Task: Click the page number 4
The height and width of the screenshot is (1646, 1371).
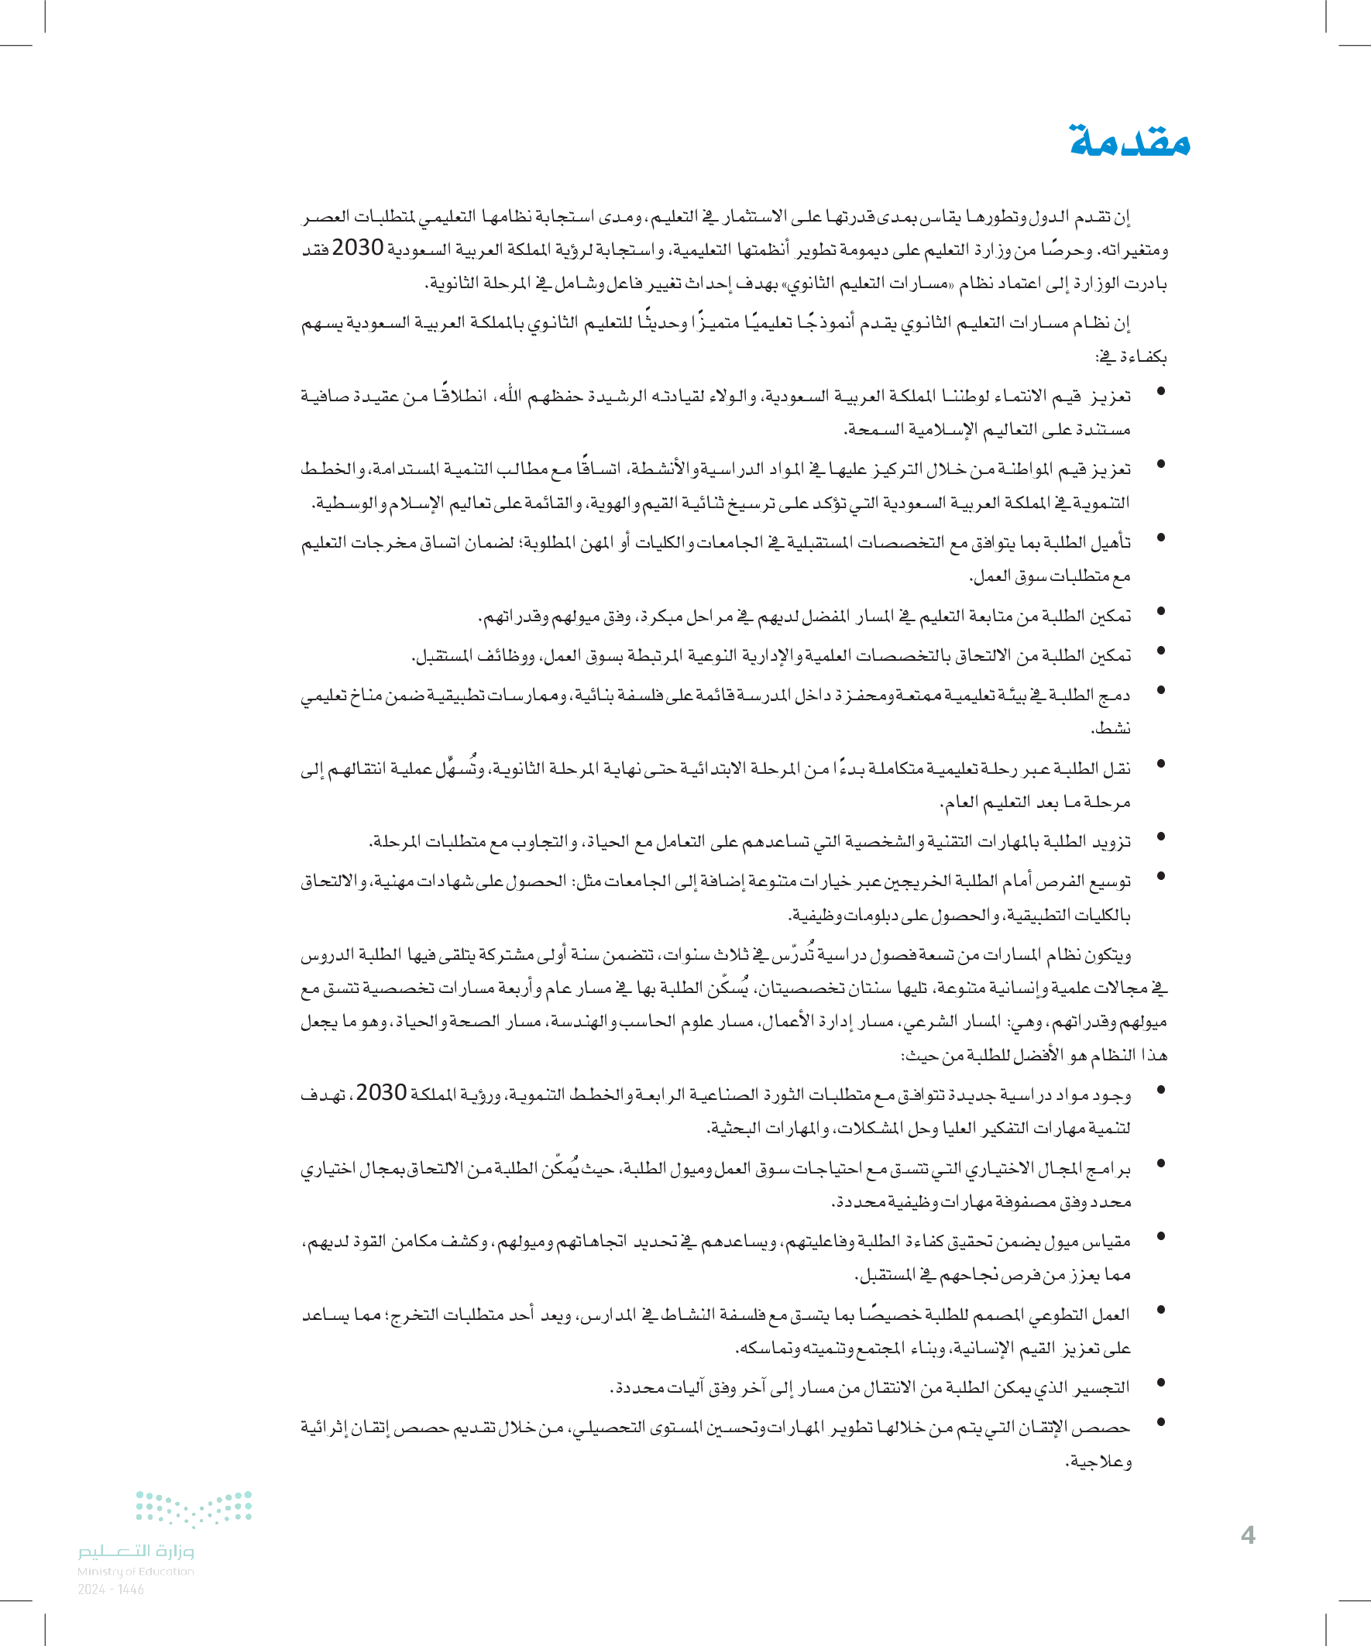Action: pos(1248,1534)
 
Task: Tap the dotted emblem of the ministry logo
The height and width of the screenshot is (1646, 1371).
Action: pos(194,1510)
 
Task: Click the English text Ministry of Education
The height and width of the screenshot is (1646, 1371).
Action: pos(136,1571)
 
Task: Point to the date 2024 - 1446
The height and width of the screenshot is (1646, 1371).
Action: pos(111,1589)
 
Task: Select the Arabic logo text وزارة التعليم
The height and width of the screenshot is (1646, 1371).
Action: pos(136,1552)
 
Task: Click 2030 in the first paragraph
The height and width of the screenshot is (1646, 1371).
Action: pos(357,249)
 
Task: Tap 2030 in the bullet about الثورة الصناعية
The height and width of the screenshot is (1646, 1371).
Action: pos(381,1093)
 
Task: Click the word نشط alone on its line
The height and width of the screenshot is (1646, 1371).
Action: pos(1111,728)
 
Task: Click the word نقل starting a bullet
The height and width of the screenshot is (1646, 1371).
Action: pos(1117,769)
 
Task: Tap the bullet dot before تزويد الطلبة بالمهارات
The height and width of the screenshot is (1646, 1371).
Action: pos(1161,837)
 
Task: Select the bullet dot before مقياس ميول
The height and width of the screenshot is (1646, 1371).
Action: pos(1161,1236)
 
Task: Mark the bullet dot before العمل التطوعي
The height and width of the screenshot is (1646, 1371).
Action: pos(1161,1309)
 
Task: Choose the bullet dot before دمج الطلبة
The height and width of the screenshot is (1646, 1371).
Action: pos(1161,690)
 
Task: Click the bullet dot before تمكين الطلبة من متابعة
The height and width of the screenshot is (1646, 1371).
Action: pos(1161,610)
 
